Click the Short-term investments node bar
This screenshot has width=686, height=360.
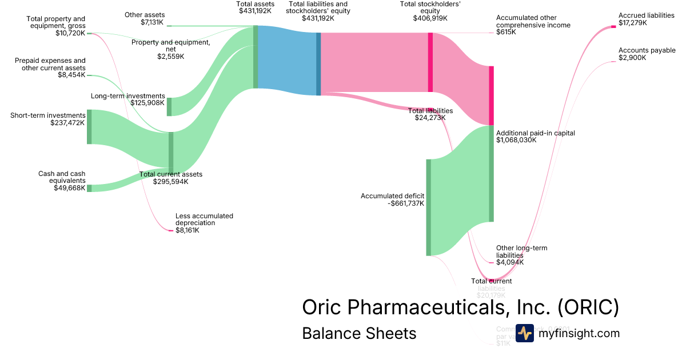click(89, 127)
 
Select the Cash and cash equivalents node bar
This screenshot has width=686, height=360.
click(89, 188)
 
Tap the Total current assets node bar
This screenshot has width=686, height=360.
click(170, 152)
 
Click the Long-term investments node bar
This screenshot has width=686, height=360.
click(169, 107)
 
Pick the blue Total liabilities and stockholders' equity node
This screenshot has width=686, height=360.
click(318, 64)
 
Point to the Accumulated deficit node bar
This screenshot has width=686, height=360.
click(428, 207)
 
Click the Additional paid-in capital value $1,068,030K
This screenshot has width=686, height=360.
click(516, 140)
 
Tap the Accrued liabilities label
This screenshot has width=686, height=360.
click(646, 15)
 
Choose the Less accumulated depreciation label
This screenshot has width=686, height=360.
click(204, 219)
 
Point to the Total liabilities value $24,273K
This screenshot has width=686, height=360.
click(430, 118)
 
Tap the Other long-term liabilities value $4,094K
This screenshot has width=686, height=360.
click(510, 262)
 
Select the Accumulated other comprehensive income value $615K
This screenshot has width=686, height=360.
click(506, 33)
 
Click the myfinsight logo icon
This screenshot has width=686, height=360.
click(525, 333)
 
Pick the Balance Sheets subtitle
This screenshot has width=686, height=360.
click(359, 333)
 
